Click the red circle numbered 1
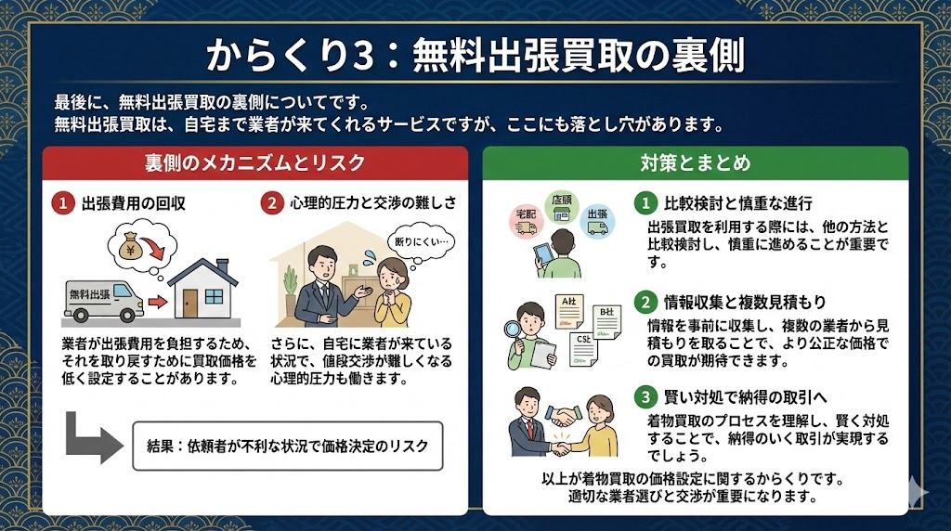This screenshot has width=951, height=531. click(x=62, y=203)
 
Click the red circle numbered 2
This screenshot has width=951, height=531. click(x=272, y=203)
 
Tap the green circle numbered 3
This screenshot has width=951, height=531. click(x=645, y=397)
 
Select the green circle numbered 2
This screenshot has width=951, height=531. click(x=645, y=302)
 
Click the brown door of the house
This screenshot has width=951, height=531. click(x=189, y=302)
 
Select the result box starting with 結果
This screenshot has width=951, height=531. click(x=288, y=447)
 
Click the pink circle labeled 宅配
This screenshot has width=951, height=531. click(x=526, y=221)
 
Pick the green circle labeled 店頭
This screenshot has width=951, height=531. click(x=562, y=207)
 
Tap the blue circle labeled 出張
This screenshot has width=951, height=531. click(x=597, y=221)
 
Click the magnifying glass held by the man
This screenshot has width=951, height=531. click(x=514, y=330)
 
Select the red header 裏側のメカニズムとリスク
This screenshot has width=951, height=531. click(x=255, y=162)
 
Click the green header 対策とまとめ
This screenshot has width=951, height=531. click(x=696, y=162)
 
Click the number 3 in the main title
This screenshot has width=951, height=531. click(x=362, y=56)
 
